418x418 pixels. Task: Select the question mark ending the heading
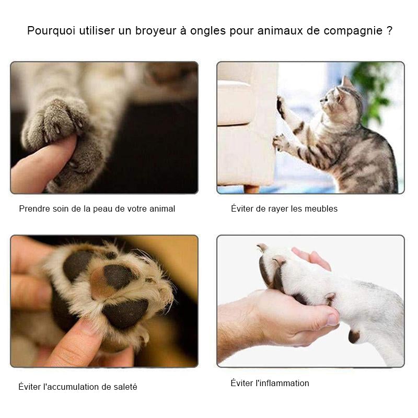pos(390,30)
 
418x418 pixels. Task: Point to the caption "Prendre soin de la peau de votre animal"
pos(97,208)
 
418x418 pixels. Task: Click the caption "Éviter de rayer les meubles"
pos(284,208)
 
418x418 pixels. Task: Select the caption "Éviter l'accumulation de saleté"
pos(78,387)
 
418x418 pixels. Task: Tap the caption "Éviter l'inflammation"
pos(270,383)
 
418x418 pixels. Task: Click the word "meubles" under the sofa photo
pos(322,208)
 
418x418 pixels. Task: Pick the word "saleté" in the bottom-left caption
pos(125,387)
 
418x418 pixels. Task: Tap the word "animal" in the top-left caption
pos(161,208)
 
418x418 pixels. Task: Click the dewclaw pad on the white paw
pos(354,336)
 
